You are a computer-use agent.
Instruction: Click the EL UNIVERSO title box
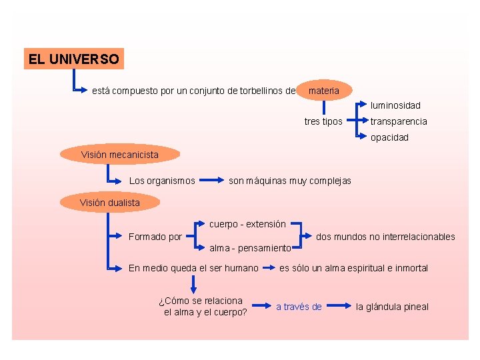pos(73,59)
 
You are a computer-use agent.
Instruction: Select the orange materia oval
pos(324,90)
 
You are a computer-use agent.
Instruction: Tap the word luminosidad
pos(396,105)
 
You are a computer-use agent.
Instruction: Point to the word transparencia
pos(399,121)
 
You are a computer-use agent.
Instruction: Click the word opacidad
pos(390,137)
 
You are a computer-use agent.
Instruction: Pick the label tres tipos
pos(323,121)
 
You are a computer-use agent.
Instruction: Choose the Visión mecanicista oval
pos(120,155)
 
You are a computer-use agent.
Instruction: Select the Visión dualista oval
pos(110,202)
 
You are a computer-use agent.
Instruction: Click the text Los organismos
pos(162,181)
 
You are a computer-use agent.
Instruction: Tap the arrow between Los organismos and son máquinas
pos(212,180)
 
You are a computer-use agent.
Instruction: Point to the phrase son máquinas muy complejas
pos(289,181)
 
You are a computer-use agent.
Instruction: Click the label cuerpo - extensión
pos(247,224)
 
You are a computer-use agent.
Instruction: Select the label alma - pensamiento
pos(250,248)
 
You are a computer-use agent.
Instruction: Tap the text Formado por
pos(155,237)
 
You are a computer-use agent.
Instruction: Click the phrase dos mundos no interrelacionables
pos(385,237)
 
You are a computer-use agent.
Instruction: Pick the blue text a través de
pos(299,307)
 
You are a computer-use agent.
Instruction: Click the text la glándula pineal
pos(392,307)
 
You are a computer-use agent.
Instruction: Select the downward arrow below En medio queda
pos(193,285)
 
